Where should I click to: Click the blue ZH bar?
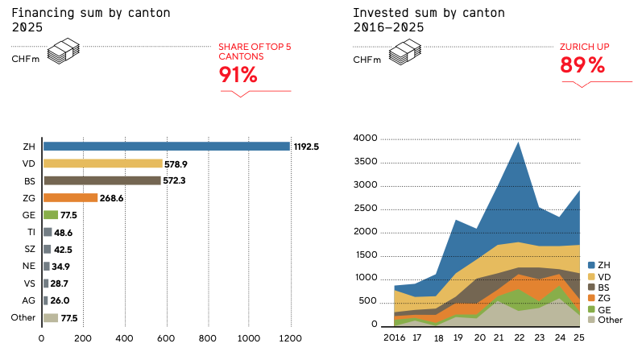pyautogui.click(x=166, y=147)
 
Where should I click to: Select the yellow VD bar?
pyautogui.click(x=102, y=163)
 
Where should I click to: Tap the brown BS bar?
pyautogui.click(x=101, y=180)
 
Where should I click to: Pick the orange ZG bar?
pyautogui.click(x=70, y=197)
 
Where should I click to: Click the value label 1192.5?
pyautogui.click(x=307, y=147)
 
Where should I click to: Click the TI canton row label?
pyautogui.click(x=30, y=232)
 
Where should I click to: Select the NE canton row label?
pyautogui.click(x=29, y=266)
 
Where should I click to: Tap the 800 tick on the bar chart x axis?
pyautogui.click(x=208, y=338)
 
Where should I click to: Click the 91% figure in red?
pyautogui.click(x=238, y=76)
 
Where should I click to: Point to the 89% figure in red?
pyautogui.click(x=582, y=67)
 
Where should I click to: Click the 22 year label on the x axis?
pyautogui.click(x=519, y=337)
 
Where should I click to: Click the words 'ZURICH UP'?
pyautogui.click(x=584, y=47)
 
